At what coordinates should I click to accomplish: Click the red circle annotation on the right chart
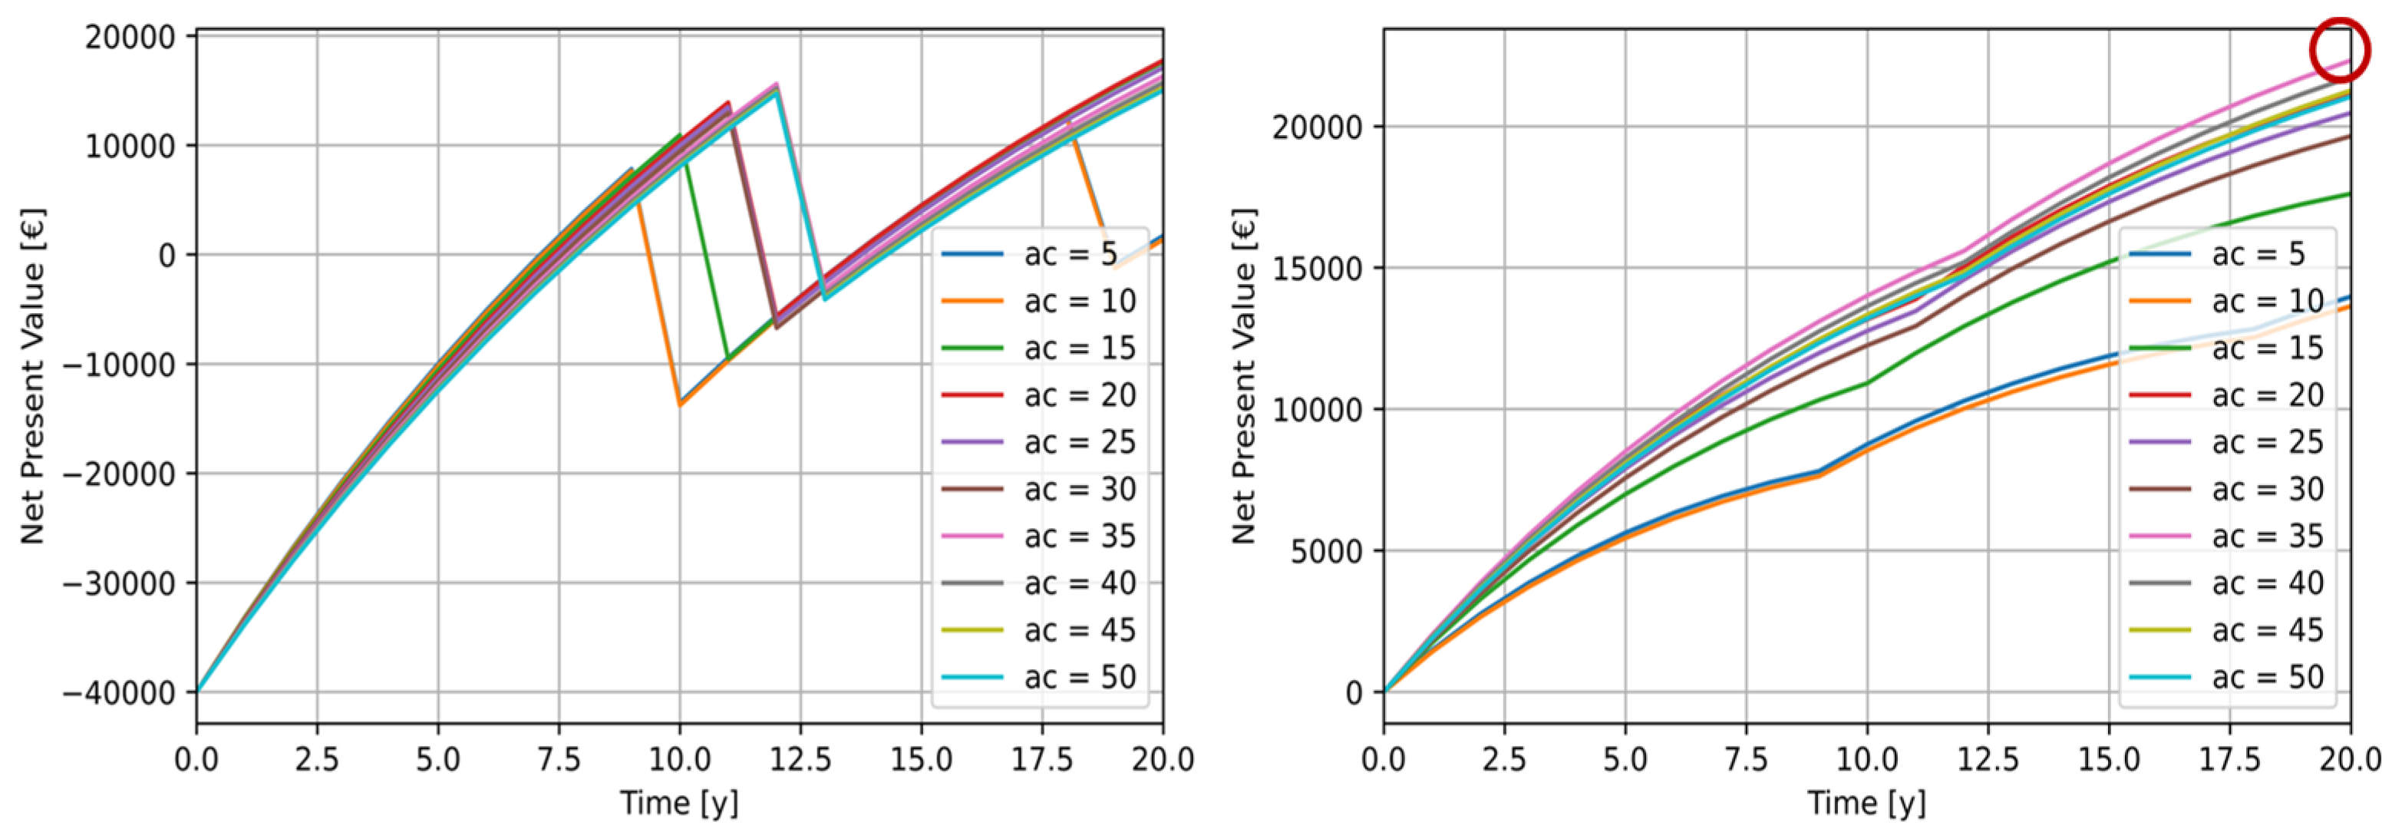[2340, 50]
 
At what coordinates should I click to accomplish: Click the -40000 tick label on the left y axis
[118, 693]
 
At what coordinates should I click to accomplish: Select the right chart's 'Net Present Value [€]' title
[1243, 376]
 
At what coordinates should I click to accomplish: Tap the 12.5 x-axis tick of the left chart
[800, 760]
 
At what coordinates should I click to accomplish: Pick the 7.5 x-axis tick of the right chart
[1746, 760]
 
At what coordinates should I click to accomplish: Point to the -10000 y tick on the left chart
[118, 365]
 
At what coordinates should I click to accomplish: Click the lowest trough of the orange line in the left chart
[680, 404]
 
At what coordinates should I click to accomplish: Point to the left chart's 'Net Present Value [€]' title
[32, 376]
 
